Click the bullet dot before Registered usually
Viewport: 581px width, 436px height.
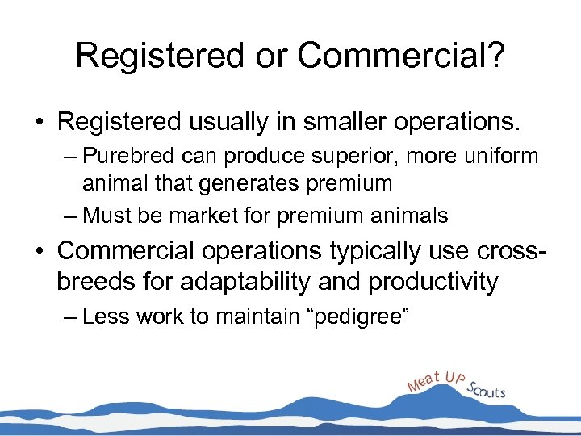tap(39, 123)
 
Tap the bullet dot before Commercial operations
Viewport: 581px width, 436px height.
tap(39, 251)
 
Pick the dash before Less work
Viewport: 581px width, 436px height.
tap(69, 316)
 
